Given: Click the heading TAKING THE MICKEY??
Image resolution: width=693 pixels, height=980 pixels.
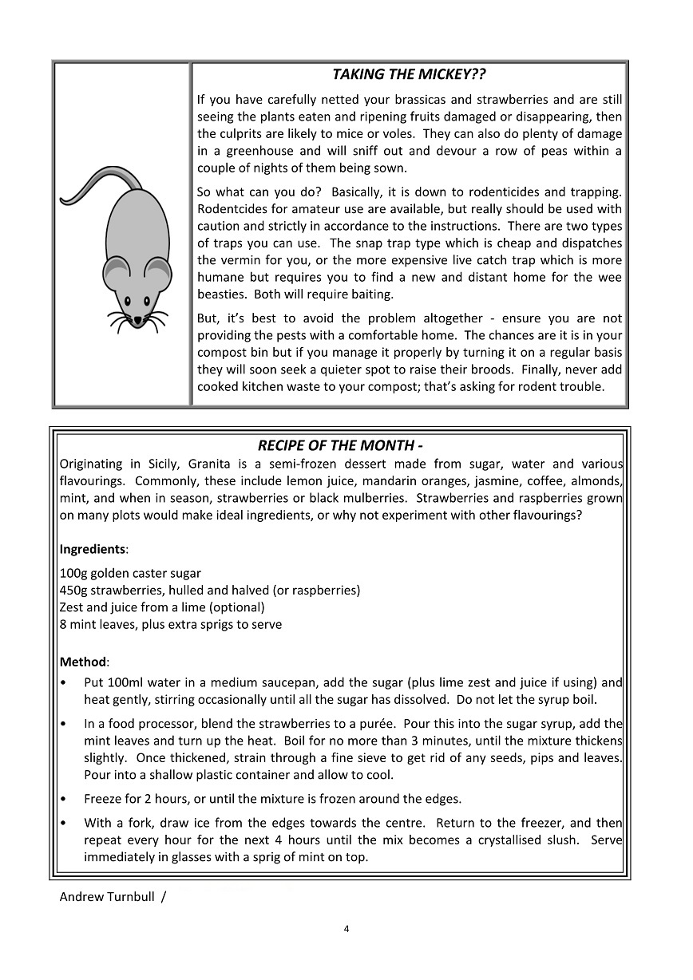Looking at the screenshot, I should (x=409, y=75).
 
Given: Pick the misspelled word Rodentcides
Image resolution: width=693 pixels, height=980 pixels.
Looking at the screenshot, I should (x=231, y=209).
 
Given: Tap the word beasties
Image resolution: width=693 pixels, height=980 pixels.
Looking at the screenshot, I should (x=221, y=294).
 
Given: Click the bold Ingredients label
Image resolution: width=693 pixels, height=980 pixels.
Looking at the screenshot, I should (x=93, y=550).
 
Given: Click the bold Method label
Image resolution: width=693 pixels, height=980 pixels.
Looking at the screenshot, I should (x=83, y=662).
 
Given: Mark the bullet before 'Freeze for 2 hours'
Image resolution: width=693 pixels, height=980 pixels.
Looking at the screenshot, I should (x=63, y=799).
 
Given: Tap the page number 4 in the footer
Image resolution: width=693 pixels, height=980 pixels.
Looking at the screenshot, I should (x=346, y=928).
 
